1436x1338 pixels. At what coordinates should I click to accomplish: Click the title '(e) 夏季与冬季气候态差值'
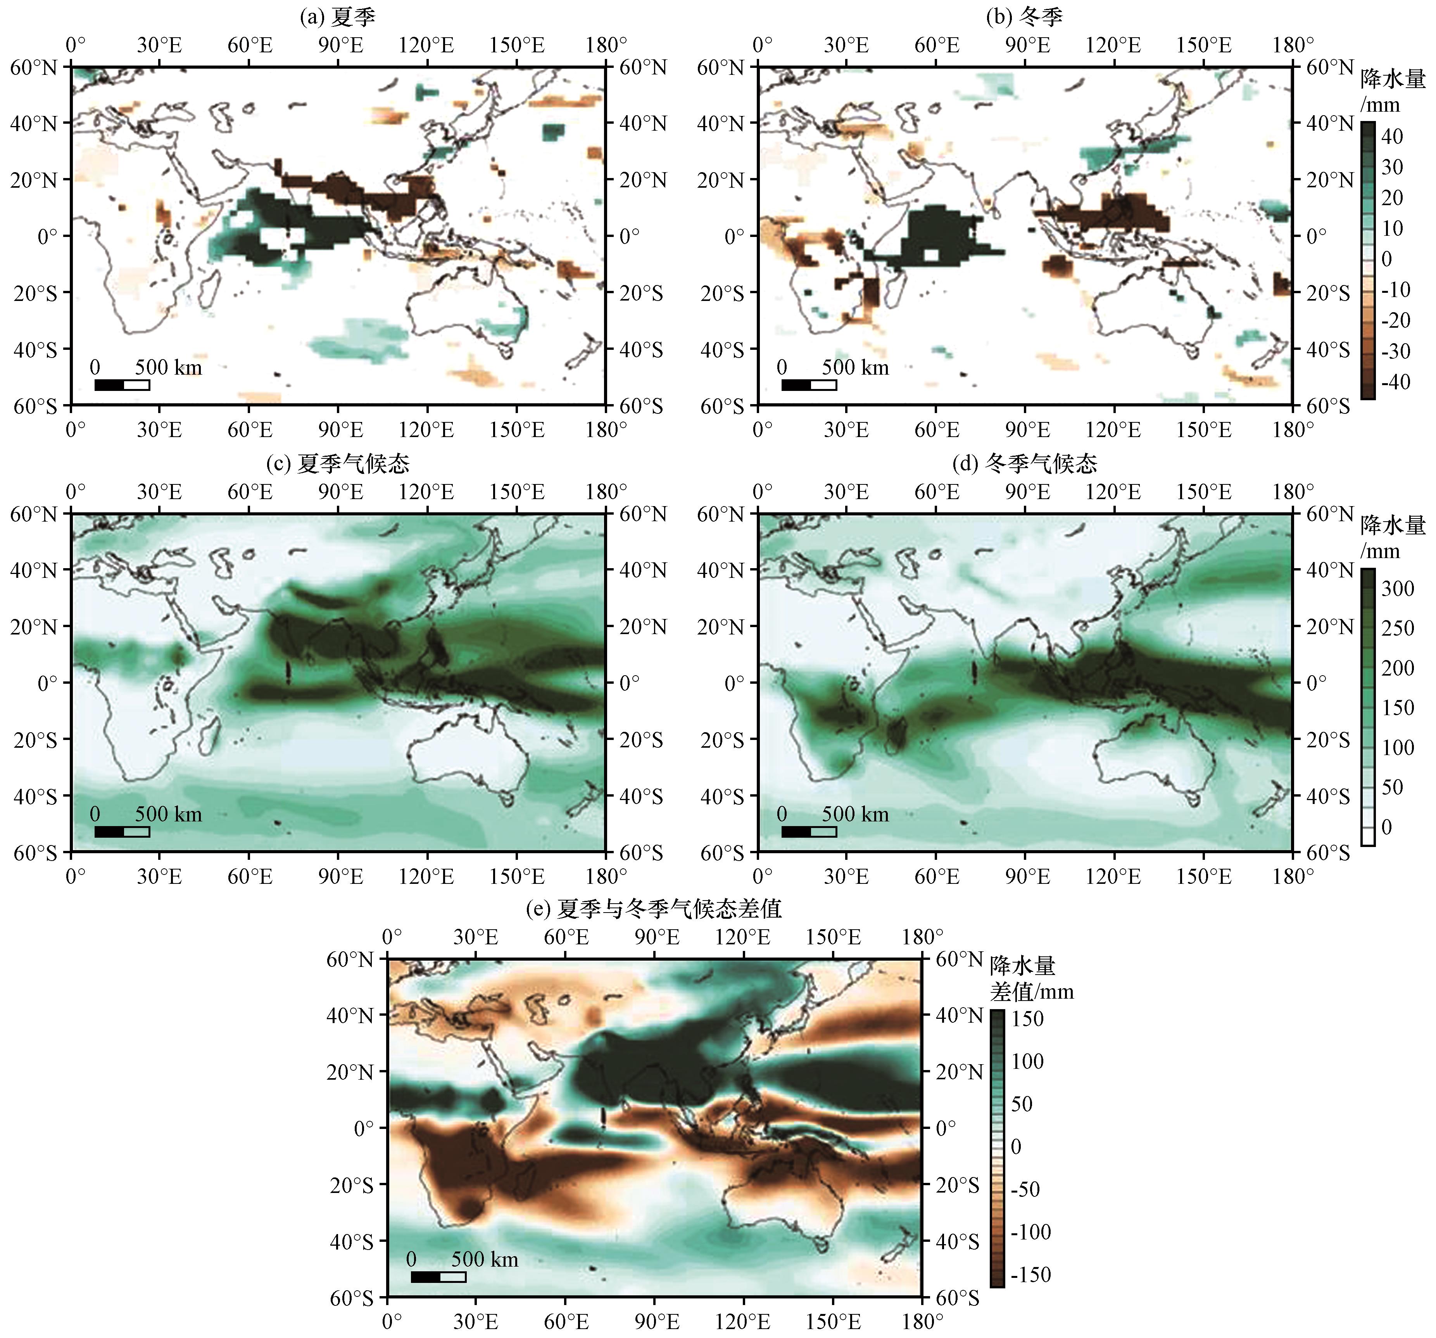point(654,908)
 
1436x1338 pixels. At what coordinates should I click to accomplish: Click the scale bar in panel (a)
point(122,384)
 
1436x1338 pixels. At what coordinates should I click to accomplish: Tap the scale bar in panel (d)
point(809,831)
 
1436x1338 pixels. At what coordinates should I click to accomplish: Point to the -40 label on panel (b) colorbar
point(1396,382)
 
